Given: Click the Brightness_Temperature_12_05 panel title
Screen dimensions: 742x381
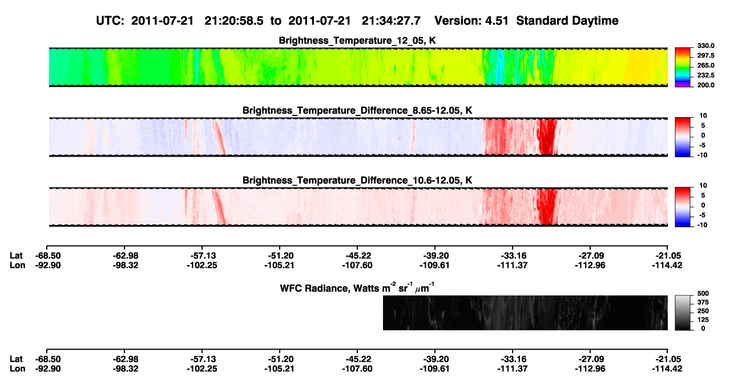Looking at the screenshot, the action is click(357, 41).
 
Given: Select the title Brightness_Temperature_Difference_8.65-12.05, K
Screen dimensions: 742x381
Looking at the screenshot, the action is click(357, 110).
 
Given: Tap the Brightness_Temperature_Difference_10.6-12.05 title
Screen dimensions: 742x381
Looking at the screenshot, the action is click(357, 181).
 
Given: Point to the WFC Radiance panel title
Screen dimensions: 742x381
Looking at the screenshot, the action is click(357, 288).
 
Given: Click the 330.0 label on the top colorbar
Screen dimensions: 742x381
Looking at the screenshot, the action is click(705, 46).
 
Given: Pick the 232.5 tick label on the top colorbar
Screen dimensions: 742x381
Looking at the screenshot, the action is click(705, 75).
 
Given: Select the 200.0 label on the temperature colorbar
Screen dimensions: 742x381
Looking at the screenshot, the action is click(705, 85).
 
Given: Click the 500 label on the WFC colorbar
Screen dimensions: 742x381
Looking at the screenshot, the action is click(703, 294).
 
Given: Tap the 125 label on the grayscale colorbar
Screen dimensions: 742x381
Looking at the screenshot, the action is click(703, 320).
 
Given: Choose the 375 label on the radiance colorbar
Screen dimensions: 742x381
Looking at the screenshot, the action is click(703, 302).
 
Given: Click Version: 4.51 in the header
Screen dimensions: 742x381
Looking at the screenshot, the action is click(471, 21).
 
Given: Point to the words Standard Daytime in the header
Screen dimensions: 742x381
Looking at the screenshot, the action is click(567, 21).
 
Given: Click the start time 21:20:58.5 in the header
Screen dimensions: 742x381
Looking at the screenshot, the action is click(234, 21).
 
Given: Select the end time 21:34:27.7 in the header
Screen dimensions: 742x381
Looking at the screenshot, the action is click(391, 21).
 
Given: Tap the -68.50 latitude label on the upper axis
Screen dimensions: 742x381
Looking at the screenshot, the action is click(48, 256).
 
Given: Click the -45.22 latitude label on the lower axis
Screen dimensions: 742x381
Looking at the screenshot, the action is click(357, 359).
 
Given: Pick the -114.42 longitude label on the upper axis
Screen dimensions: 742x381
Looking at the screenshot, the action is click(667, 265).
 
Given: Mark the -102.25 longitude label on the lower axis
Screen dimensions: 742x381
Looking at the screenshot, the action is click(202, 369).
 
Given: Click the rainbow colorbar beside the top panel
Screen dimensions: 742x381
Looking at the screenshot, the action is click(683, 67).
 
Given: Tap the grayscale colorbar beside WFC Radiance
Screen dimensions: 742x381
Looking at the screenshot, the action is click(683, 312).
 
